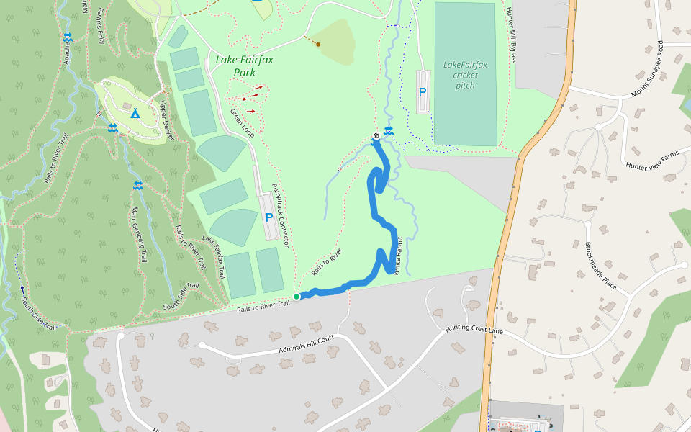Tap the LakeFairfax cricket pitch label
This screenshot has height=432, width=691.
[x=465, y=75]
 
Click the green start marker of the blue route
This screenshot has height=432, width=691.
[x=297, y=296]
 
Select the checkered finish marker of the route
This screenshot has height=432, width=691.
[x=376, y=137]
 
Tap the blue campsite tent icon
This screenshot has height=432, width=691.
[x=135, y=113]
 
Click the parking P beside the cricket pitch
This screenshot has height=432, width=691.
[x=423, y=92]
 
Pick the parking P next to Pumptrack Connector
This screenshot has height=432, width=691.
[x=269, y=217]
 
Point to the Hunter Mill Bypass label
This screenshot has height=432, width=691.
[x=511, y=35]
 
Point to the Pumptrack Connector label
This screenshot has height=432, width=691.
[x=279, y=216]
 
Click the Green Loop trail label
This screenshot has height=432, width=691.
[x=243, y=123]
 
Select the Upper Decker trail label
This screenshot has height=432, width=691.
[x=167, y=120]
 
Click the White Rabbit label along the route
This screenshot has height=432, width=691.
[x=396, y=255]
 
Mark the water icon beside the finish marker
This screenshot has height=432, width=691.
[x=389, y=131]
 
